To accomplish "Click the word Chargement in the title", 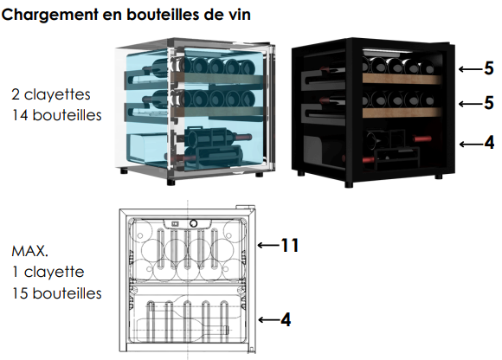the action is (x=50, y=15).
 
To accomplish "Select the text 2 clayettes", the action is (x=51, y=94).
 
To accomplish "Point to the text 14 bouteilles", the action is (x=56, y=115).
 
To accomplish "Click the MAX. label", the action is (x=29, y=251).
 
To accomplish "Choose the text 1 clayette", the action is (x=48, y=272).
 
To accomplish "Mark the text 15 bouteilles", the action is (x=56, y=293).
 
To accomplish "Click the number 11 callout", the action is (x=290, y=246).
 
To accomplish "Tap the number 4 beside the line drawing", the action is (x=286, y=319).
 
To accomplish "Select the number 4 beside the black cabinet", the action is (x=489, y=143).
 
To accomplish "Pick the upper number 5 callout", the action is (x=488, y=68).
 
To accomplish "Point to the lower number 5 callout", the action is (x=488, y=103).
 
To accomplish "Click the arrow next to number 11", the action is (x=268, y=246).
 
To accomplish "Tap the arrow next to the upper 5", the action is (x=470, y=69).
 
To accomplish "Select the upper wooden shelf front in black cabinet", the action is (x=402, y=79).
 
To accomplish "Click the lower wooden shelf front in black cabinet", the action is (x=402, y=112).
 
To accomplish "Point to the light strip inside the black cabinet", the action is (x=386, y=51).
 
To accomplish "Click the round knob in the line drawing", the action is (x=193, y=223).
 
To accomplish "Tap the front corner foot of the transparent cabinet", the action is (x=171, y=183).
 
